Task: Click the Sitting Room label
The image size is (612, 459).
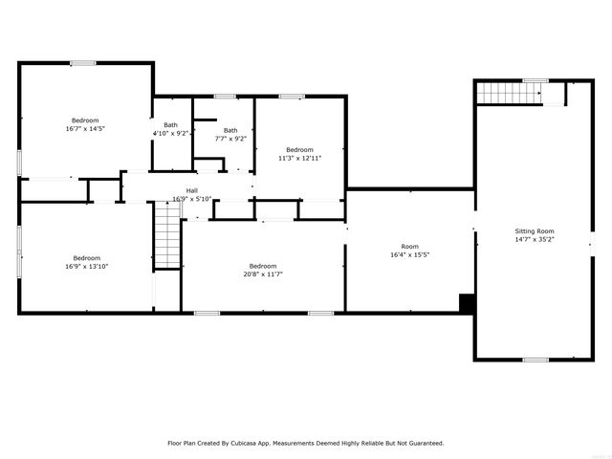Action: pos(535,231)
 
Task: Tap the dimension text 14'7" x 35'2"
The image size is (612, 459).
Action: pos(535,240)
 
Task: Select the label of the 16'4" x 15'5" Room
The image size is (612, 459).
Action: pos(409,246)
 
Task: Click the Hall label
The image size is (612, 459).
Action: pos(191,190)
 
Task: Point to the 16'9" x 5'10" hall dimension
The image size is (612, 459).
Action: pos(191,199)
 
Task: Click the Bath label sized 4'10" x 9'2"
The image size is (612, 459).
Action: pos(170,125)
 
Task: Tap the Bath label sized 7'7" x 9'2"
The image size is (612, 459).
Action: pos(230,130)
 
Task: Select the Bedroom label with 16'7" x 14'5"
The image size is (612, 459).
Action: pos(84,120)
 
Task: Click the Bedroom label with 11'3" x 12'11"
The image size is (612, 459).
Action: pos(299,149)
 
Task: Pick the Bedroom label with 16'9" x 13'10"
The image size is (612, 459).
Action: pos(87,257)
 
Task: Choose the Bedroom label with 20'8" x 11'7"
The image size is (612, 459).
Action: pos(263,266)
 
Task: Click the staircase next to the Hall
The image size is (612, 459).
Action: pos(167,238)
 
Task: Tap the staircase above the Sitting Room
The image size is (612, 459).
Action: pos(509,94)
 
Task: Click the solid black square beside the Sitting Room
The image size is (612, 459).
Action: pos(467,303)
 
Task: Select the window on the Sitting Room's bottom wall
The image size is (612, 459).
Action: pos(535,360)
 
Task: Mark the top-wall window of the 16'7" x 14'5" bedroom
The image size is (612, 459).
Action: pos(83,63)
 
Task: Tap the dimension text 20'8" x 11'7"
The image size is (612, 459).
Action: pos(263,274)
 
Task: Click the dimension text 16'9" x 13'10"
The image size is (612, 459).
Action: pos(87,266)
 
